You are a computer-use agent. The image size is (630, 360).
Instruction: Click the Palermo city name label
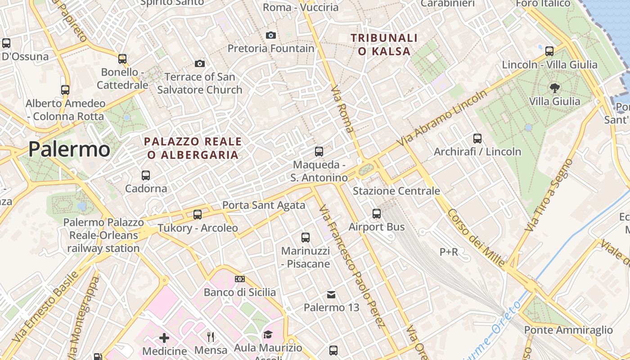click(x=69, y=149)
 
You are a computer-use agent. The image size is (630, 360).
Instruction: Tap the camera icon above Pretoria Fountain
click(x=271, y=35)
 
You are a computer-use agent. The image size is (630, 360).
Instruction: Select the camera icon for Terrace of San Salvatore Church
click(x=200, y=64)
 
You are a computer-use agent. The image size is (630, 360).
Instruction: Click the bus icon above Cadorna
click(x=146, y=175)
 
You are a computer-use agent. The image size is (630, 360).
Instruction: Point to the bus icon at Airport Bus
click(x=377, y=214)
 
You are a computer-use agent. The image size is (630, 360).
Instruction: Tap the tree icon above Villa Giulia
click(x=554, y=88)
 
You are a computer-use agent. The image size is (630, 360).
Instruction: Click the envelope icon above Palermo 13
click(x=331, y=295)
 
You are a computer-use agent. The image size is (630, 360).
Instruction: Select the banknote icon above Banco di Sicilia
click(x=240, y=279)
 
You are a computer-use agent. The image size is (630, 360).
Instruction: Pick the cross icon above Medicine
click(x=164, y=337)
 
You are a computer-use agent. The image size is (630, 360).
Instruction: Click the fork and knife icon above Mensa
click(x=211, y=337)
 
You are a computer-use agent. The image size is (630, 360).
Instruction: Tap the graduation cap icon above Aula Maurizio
click(x=268, y=334)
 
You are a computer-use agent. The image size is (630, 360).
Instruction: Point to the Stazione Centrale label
click(x=396, y=191)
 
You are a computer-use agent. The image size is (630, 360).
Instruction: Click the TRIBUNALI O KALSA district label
click(x=384, y=45)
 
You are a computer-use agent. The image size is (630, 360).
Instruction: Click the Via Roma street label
click(x=342, y=109)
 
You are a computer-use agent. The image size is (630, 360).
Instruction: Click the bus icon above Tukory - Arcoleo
click(x=198, y=215)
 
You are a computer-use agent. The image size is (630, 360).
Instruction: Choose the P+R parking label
click(x=449, y=252)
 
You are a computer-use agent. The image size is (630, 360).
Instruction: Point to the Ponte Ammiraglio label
click(x=568, y=330)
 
